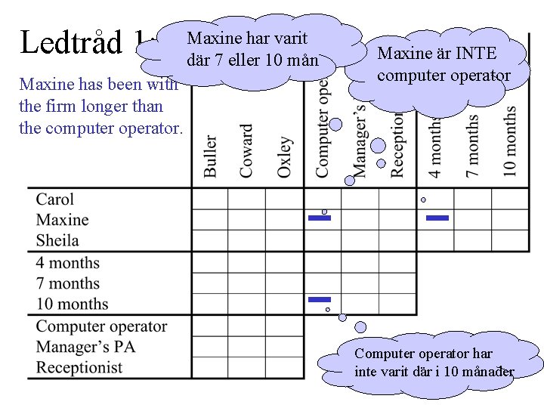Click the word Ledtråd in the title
[x=69, y=42]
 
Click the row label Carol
[x=55, y=199]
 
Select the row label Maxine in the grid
[x=62, y=220]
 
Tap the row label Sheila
[x=57, y=240]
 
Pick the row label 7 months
[x=68, y=283]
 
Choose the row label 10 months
[x=73, y=304]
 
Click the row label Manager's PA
[x=86, y=347]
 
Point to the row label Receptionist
[x=79, y=368]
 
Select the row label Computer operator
[x=101, y=326]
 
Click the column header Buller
[x=210, y=156]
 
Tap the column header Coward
[x=246, y=151]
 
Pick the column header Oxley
[x=284, y=156]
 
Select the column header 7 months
[x=473, y=145]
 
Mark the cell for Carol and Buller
[x=209, y=199]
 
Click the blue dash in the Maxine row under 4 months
[x=437, y=218]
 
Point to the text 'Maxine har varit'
[x=247, y=38]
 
